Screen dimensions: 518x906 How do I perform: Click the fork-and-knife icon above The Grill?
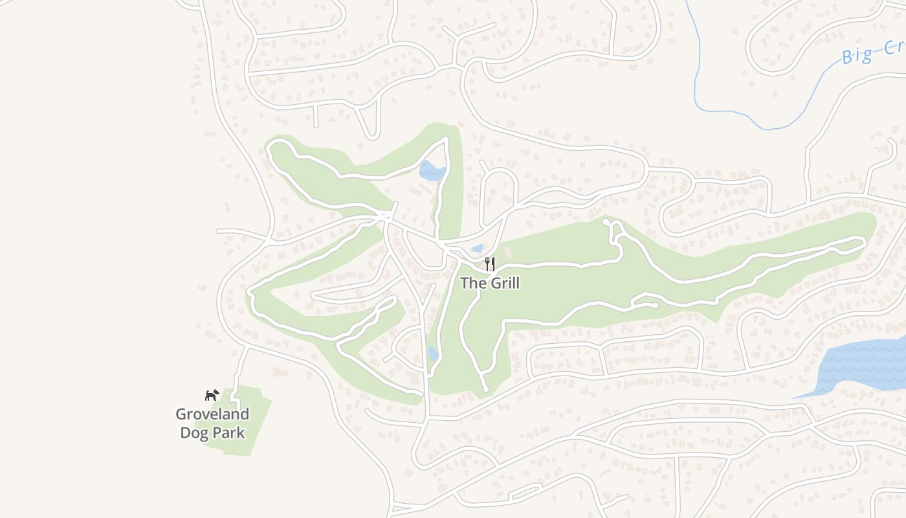coord(490,264)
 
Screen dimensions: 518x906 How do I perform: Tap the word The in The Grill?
coord(473,283)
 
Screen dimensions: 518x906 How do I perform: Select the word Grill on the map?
coord(505,283)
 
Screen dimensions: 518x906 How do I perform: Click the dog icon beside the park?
coord(212,394)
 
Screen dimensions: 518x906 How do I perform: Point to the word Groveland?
coord(212,414)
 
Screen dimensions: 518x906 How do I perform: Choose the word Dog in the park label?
coord(193,433)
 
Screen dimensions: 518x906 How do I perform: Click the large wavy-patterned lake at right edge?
coord(864,366)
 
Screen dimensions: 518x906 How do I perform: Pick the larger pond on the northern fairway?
coord(432,171)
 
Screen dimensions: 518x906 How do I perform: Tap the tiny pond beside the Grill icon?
coord(478,249)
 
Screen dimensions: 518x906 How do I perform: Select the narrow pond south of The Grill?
coord(433,354)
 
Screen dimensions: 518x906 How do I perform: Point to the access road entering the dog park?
coord(239,369)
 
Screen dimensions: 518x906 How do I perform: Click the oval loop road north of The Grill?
coord(499,191)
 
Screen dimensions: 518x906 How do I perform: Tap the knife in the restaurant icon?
coord(493,264)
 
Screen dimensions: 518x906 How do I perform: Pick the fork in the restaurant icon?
coord(487,264)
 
